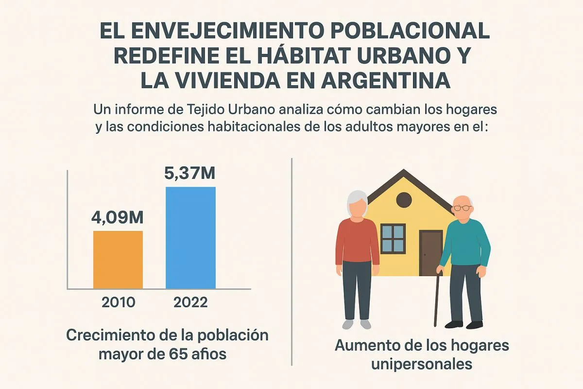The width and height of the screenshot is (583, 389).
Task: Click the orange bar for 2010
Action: pyautogui.click(x=118, y=260)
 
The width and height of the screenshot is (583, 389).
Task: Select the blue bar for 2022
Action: pyautogui.click(x=190, y=238)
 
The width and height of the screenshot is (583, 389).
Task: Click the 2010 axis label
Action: pyautogui.click(x=119, y=302)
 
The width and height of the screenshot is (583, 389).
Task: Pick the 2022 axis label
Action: pyautogui.click(x=190, y=302)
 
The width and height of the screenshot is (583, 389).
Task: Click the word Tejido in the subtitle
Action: pyautogui.click(x=221, y=109)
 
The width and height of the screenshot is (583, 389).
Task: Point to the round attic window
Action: pyautogui.click(x=404, y=199)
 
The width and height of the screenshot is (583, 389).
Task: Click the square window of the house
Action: pyautogui.click(x=393, y=238)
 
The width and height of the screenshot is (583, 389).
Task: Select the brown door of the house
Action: pyautogui.click(x=429, y=252)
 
